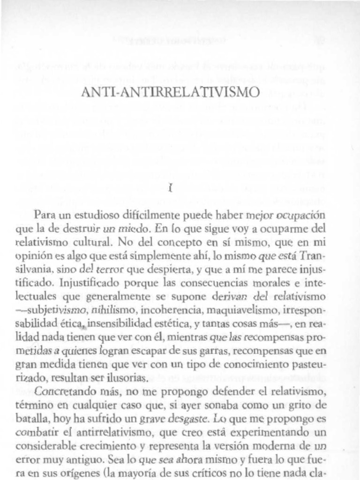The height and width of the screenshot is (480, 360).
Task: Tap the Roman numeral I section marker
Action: point(171,189)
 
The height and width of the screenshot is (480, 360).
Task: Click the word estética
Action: point(168,324)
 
